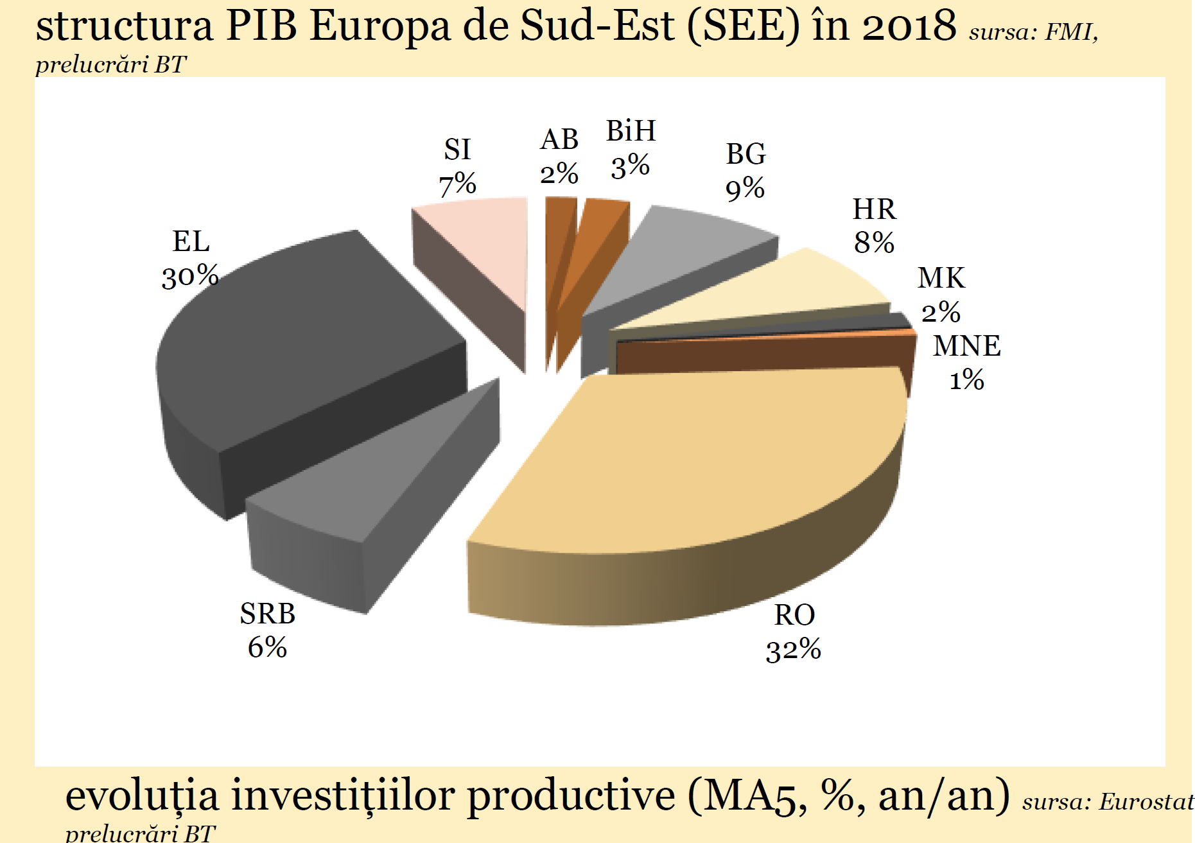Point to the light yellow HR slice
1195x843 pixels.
[x=790, y=289]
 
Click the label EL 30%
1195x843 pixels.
[x=191, y=259]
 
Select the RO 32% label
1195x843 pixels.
[x=794, y=632]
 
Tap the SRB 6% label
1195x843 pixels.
[x=267, y=630]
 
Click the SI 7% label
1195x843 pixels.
[x=457, y=167]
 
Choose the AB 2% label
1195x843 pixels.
[x=559, y=157]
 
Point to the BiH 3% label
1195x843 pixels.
[x=631, y=149]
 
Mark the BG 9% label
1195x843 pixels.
[x=746, y=171]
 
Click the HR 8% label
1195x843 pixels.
[x=874, y=226]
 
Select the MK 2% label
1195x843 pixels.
[x=941, y=295]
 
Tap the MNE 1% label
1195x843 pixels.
[x=966, y=363]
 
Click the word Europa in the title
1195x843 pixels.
[x=380, y=27]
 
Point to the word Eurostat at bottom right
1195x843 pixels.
[x=1146, y=802]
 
